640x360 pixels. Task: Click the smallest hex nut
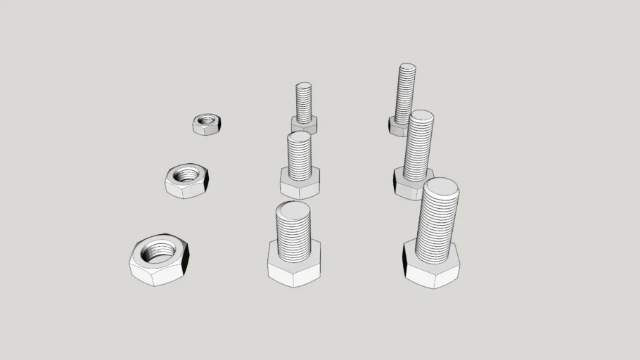point(206,124)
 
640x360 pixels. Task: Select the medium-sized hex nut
point(185,181)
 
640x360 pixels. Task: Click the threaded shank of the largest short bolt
point(293,236)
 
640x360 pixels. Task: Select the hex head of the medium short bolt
point(300,186)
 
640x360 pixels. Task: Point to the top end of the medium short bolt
point(300,136)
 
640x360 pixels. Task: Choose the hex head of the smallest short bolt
point(304,127)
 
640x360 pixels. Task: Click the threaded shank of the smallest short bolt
point(303,102)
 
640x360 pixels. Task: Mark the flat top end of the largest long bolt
point(441,188)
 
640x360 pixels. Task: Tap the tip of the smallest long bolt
point(407,68)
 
